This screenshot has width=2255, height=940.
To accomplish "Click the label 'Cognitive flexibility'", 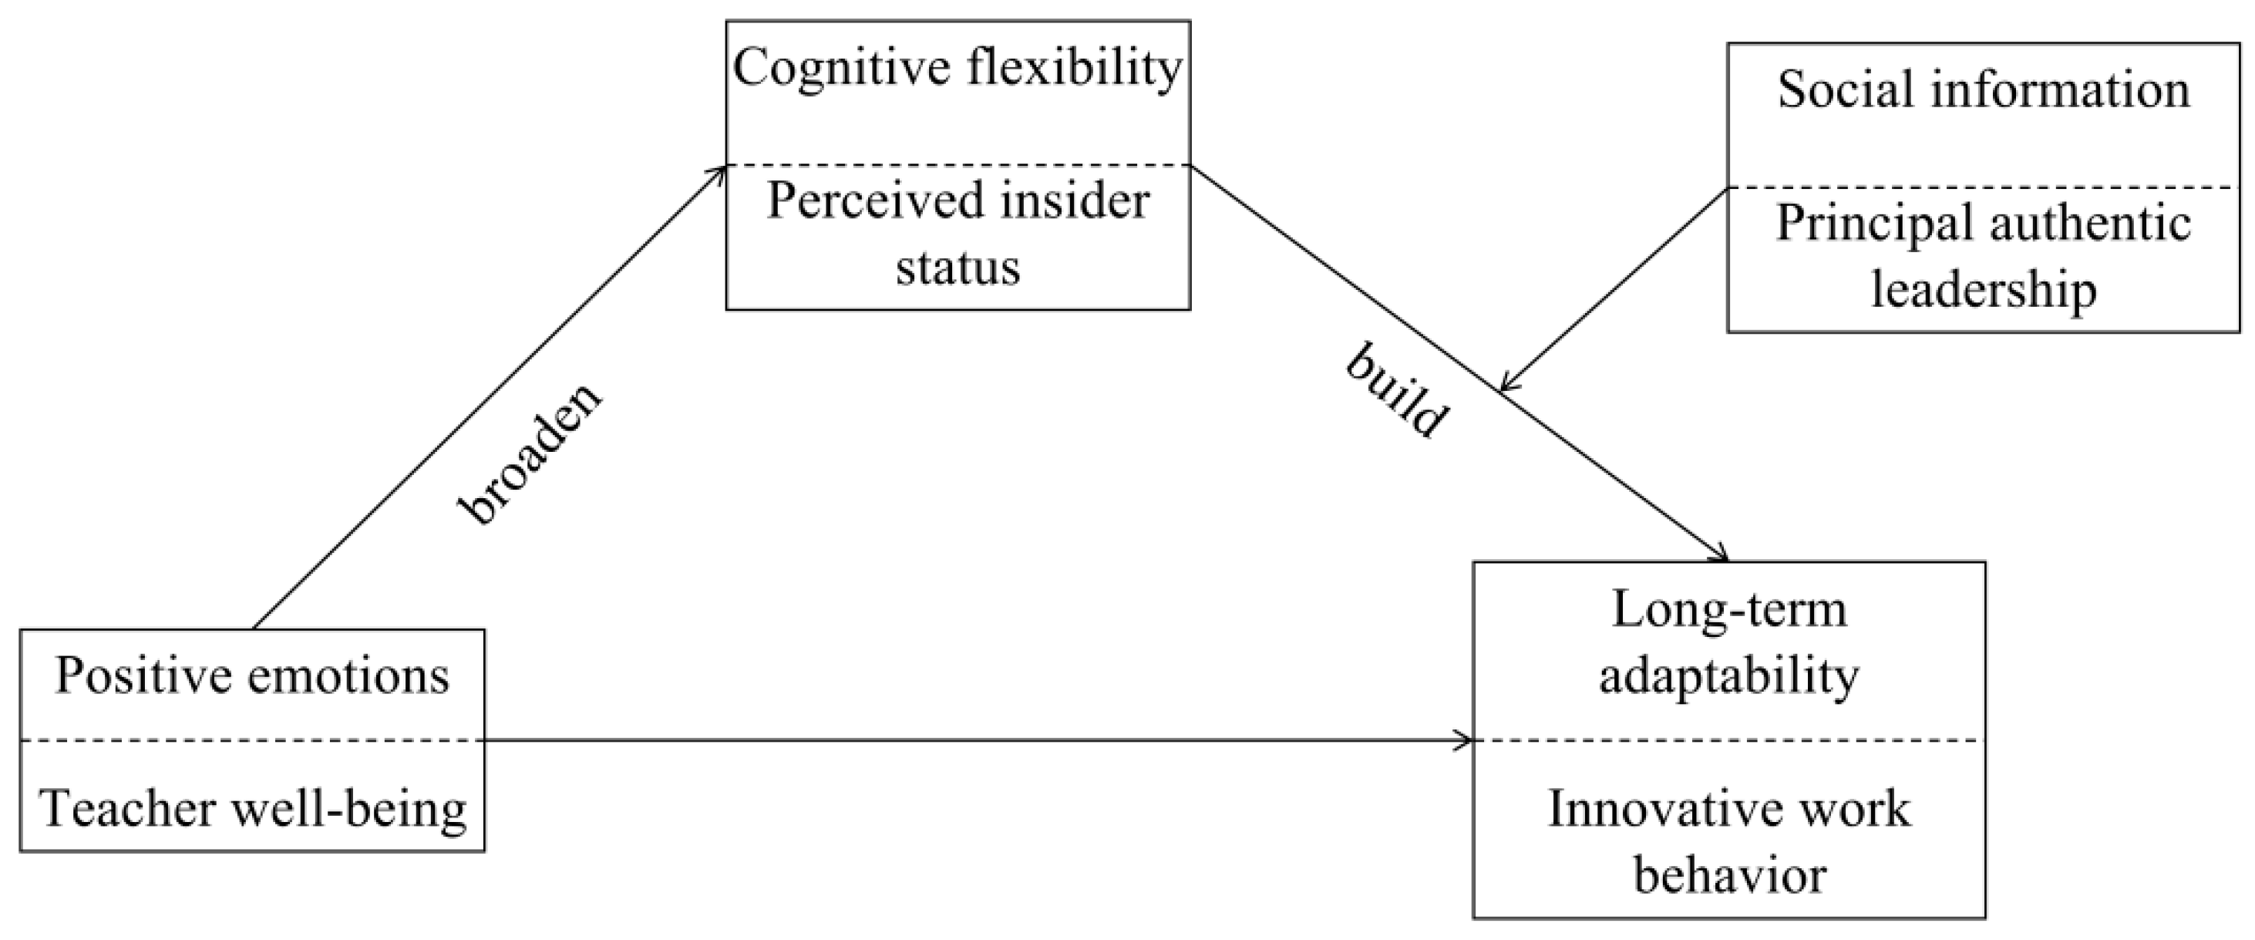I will pyautogui.click(x=958, y=69).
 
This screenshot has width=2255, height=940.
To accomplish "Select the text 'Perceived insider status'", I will pyautogui.click(x=958, y=233).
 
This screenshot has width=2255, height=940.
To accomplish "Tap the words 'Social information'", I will pyautogui.click(x=1984, y=90).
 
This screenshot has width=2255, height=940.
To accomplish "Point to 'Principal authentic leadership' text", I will pyautogui.click(x=1984, y=255).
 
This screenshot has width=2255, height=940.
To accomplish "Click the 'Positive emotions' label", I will pyautogui.click(x=252, y=676).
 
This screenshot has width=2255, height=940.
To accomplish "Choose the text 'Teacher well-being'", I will pyautogui.click(x=252, y=809).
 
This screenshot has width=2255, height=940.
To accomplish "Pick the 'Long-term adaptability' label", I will pyautogui.click(x=1729, y=642).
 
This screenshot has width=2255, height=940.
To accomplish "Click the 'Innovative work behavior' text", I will pyautogui.click(x=1729, y=841).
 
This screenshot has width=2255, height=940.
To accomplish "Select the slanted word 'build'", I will pyautogui.click(x=1397, y=391).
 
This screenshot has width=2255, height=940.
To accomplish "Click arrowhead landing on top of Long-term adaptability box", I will pyautogui.click(x=1721, y=557).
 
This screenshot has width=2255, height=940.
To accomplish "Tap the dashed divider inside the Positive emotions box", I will pyautogui.click(x=252, y=740).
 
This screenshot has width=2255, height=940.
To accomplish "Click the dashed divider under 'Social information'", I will pyautogui.click(x=1984, y=187).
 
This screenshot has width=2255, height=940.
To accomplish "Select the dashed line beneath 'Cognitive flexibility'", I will pyautogui.click(x=958, y=164).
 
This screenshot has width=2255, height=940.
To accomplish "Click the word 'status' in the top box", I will pyautogui.click(x=958, y=268).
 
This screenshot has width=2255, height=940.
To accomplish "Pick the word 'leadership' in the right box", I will pyautogui.click(x=1984, y=290).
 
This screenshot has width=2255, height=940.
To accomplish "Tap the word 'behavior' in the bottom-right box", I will pyautogui.click(x=1730, y=874).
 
